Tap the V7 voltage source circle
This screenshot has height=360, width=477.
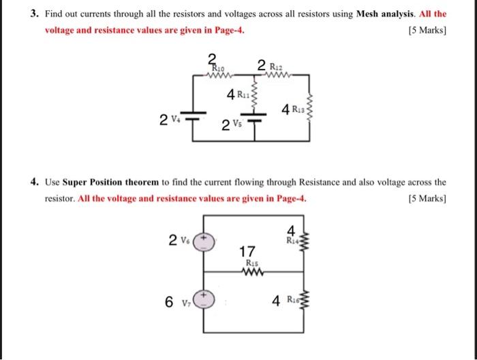tap(206, 301)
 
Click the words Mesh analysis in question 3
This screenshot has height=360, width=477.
tap(391, 14)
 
